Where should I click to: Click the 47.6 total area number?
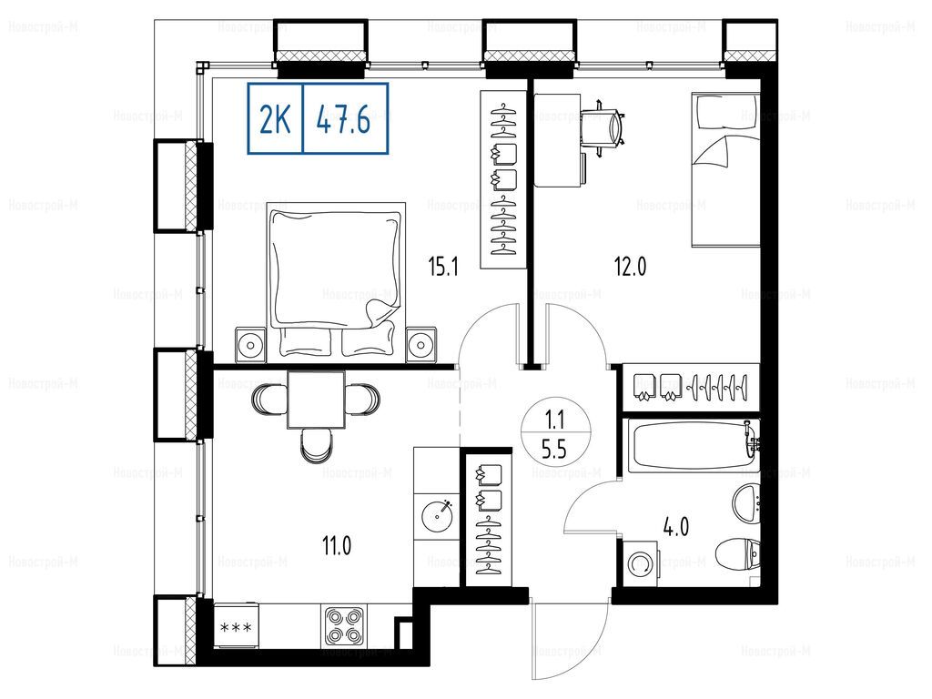(343, 120)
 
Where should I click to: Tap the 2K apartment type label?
(275, 120)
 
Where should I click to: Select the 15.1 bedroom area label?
(443, 267)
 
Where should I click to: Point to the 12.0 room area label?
(630, 267)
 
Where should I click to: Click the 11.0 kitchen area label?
(337, 545)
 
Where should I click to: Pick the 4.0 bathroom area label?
(676, 526)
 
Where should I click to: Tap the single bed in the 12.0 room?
(725, 169)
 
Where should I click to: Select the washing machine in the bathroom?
(640, 563)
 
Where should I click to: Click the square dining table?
(316, 400)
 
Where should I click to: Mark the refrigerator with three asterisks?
(236, 626)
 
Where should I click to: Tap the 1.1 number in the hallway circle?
(554, 421)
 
